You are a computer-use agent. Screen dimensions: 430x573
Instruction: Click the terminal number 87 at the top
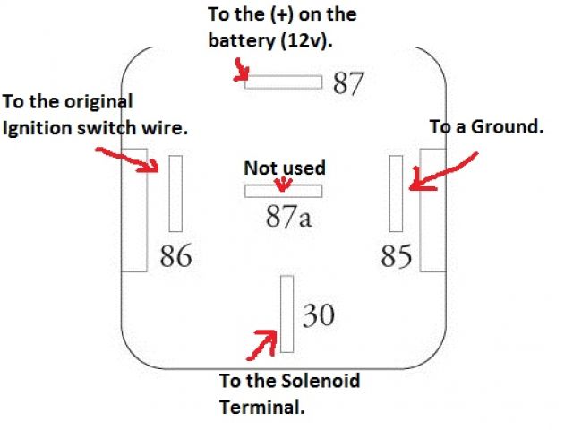pyautogui.click(x=349, y=83)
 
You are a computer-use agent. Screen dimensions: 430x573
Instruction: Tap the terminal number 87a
pyautogui.click(x=288, y=217)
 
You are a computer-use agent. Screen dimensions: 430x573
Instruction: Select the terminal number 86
pyautogui.click(x=175, y=256)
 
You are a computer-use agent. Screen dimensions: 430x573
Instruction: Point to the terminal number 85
pyautogui.click(x=397, y=256)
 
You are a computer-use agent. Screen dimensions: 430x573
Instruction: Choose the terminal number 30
pyautogui.click(x=320, y=315)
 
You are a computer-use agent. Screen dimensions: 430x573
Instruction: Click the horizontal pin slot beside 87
pyautogui.click(x=284, y=82)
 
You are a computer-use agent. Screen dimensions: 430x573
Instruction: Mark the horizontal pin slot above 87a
pyautogui.click(x=284, y=191)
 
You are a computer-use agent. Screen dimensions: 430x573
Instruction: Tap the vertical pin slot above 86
pyautogui.click(x=175, y=193)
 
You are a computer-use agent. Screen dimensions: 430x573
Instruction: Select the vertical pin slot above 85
pyautogui.click(x=396, y=193)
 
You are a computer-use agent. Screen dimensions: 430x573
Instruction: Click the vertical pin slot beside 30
pyautogui.click(x=286, y=314)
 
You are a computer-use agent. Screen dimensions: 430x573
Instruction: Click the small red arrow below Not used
pyautogui.click(x=284, y=184)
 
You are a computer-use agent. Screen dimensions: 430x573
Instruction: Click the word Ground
pyautogui.click(x=512, y=128)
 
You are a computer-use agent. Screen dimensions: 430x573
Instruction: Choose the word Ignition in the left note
pyautogui.click(x=38, y=128)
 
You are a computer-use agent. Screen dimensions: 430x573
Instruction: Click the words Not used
pyautogui.click(x=285, y=168)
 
